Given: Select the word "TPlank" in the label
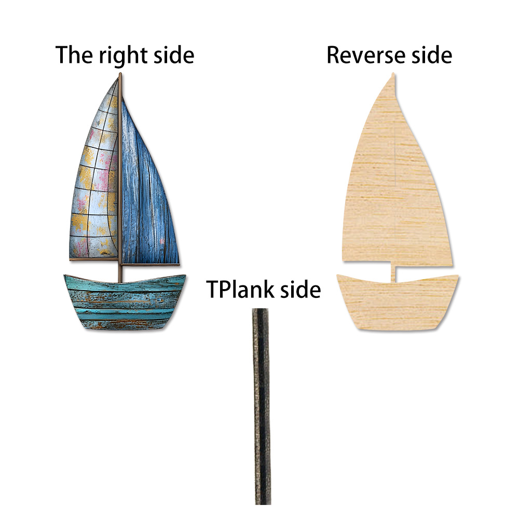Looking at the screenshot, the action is coord(241,289).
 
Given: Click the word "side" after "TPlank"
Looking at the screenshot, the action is coord(300,289).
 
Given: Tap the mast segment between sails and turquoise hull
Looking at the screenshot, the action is coord(120,272).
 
